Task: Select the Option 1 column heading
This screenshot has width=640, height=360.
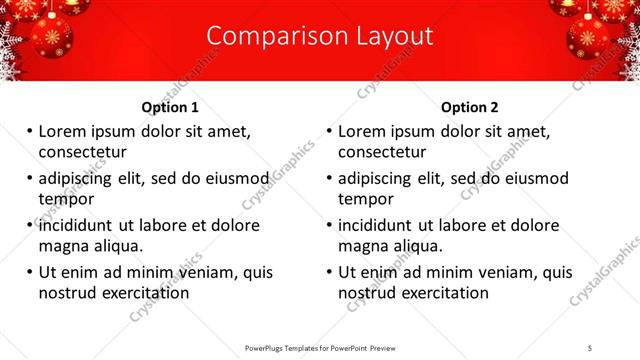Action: [x=170, y=107]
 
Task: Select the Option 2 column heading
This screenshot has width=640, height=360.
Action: [x=469, y=107]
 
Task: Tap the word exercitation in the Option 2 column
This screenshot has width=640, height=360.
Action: [x=443, y=292]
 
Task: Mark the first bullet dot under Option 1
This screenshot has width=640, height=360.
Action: [x=29, y=131]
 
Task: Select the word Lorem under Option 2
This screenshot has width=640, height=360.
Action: [x=361, y=131]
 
